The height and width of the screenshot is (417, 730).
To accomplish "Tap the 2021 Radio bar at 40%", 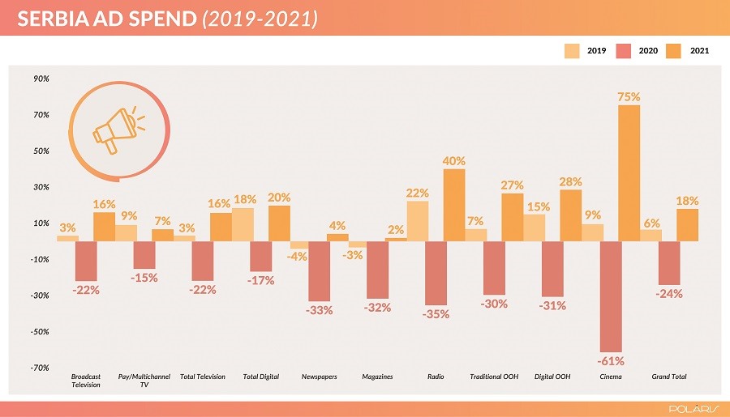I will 453,204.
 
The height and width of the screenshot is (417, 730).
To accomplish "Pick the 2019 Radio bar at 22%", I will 418,220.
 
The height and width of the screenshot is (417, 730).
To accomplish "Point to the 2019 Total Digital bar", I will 243,224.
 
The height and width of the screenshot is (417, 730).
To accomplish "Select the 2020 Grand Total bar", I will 669,262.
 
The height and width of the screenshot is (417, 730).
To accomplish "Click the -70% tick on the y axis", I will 41,368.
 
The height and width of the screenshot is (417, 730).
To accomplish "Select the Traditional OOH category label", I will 494,377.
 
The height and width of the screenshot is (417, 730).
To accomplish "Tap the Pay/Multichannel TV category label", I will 144,381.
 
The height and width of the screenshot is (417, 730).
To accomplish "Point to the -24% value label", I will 669,294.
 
